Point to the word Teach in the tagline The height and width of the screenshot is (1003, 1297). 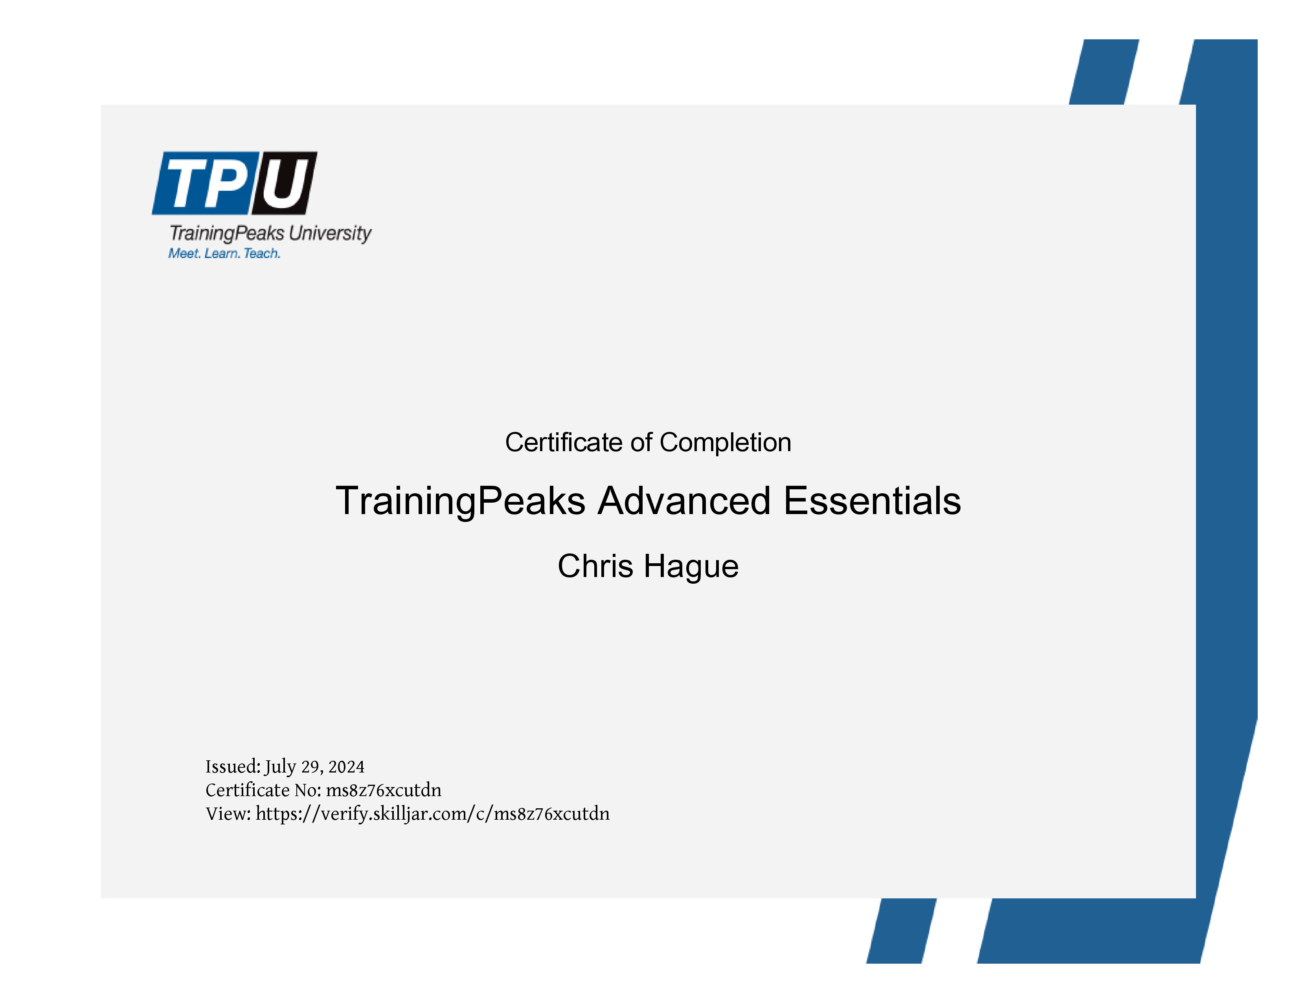click(262, 254)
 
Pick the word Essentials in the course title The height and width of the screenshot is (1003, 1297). click(873, 501)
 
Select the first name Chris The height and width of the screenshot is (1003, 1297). click(595, 566)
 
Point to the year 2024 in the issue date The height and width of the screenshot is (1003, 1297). click(346, 767)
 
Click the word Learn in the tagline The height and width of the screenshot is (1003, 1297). click(222, 254)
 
